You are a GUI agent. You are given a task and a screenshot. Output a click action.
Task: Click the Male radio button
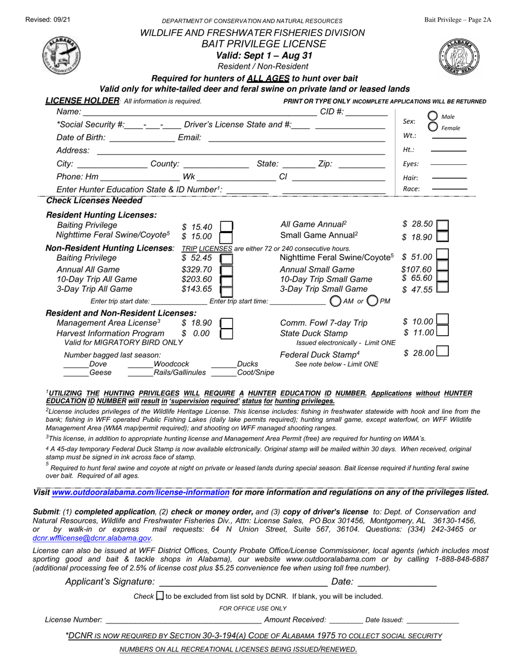coord(433,116)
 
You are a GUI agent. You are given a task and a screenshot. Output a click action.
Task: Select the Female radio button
coord(433,127)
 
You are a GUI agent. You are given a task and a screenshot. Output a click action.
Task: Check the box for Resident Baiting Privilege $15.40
coord(226,227)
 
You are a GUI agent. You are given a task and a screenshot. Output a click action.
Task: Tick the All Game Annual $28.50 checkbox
coord(442,225)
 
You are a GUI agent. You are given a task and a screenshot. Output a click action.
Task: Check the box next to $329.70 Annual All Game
coord(226,270)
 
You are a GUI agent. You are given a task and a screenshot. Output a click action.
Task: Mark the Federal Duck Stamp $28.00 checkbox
coord(442,352)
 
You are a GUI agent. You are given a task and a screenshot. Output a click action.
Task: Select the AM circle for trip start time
coord(336,300)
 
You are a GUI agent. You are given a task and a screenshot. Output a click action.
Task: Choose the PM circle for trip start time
coord(373,300)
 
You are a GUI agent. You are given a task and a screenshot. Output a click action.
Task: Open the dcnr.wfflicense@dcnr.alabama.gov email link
coord(92,538)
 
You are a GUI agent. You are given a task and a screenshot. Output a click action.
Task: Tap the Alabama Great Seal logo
coord(459,56)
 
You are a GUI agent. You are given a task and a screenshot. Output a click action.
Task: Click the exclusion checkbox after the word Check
coord(160,595)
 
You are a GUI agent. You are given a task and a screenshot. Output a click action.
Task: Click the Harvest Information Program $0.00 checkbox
coord(226,334)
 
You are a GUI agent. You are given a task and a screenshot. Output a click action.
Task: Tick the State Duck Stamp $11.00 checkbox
coord(442,332)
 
